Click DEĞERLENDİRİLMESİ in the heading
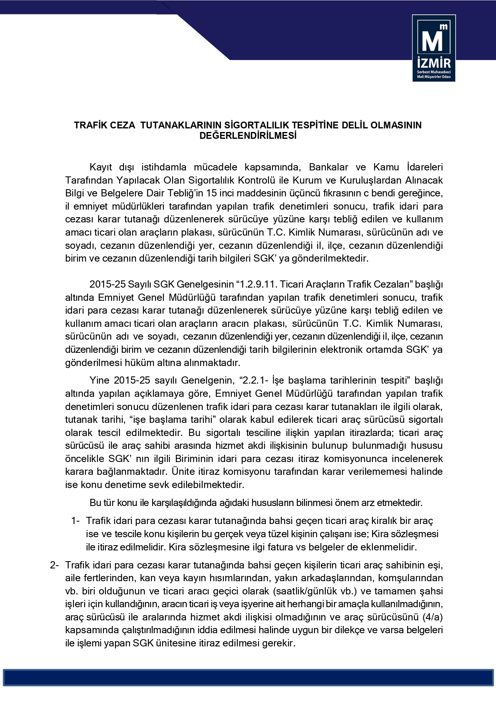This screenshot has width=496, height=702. tap(248, 136)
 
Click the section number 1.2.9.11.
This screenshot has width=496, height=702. tap(259, 284)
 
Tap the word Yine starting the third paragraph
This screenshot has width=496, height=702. tap(99, 380)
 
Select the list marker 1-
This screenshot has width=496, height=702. tap(76, 521)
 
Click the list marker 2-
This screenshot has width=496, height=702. tap(54, 565)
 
